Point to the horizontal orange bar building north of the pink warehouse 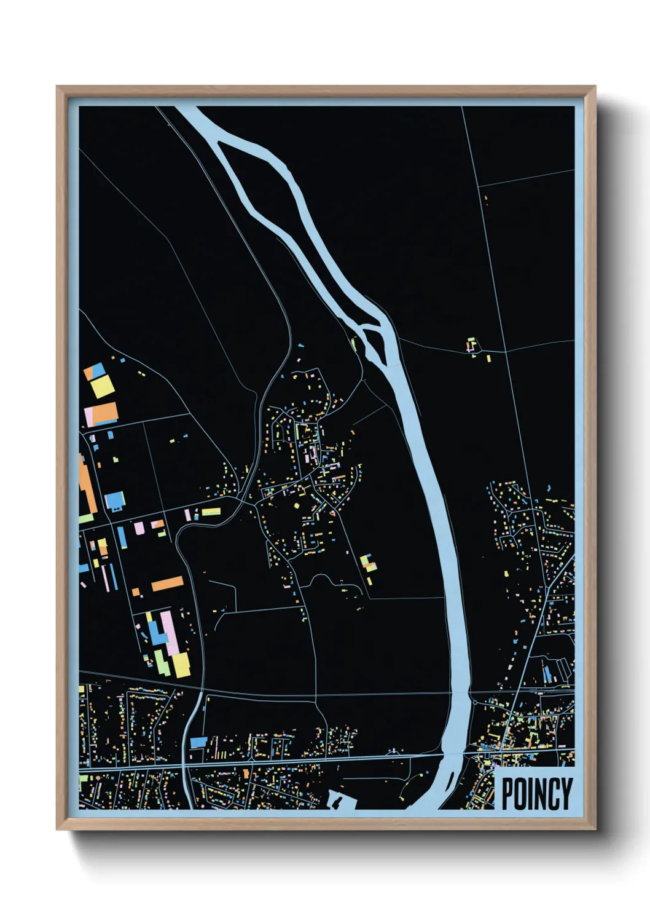coord(168,583)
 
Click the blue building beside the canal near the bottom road coord(198,742)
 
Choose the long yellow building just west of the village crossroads coord(211,512)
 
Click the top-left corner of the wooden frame coord(57,87)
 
